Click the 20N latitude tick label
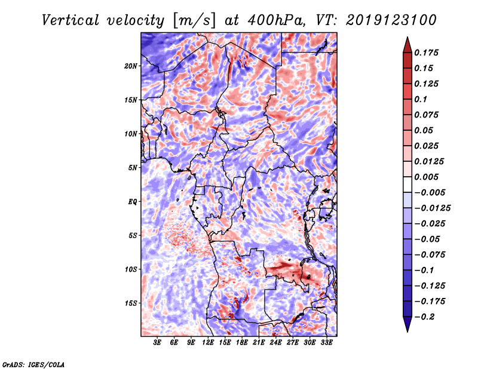[x=131, y=66]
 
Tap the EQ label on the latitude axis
[x=132, y=202]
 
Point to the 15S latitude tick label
[x=131, y=303]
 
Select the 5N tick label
[x=133, y=168]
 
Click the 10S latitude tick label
[x=131, y=269]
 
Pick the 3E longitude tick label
[x=157, y=343]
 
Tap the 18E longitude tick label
[x=242, y=343]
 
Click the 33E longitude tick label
[x=326, y=343]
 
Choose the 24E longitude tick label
[x=275, y=343]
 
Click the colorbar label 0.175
[x=426, y=53]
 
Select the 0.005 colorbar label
[x=426, y=177]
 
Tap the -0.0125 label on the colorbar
[x=432, y=208]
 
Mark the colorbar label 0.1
[x=421, y=99]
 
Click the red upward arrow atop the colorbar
[x=407, y=45]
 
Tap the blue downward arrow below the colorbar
[x=407, y=324]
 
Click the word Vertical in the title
[x=71, y=20]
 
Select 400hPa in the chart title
[x=276, y=20]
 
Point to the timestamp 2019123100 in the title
[x=391, y=20]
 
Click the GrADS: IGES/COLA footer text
[x=33, y=365]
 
